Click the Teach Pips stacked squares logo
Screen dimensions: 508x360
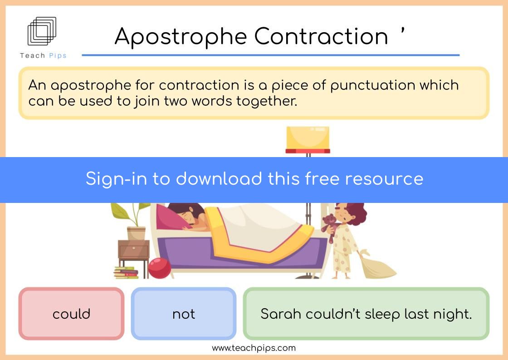pos(42,31)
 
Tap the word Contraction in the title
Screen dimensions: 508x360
pos(321,36)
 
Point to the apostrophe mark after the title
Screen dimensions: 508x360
pos(402,31)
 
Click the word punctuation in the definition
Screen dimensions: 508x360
pos(372,86)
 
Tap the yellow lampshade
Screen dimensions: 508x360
pos(308,139)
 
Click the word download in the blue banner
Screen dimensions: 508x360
pos(219,178)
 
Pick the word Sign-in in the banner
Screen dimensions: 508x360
pos(116,179)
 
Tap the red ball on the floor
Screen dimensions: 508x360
pos(159,268)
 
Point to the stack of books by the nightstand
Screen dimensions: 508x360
pos(126,273)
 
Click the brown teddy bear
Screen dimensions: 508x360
pos(331,227)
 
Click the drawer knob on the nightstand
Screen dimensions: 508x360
pos(133,248)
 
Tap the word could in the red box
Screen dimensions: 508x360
pos(71,314)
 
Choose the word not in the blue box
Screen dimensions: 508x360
pos(184,314)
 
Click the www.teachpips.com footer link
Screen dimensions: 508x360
pos(254,348)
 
